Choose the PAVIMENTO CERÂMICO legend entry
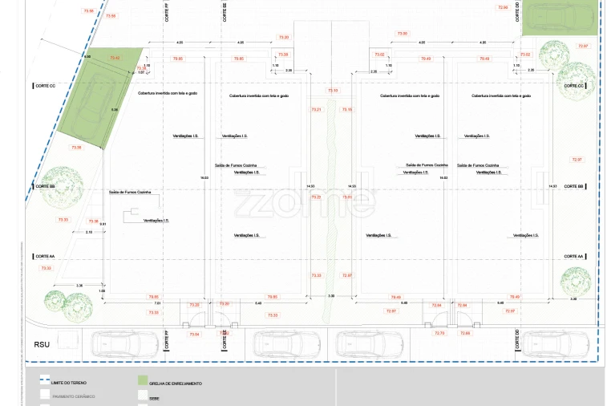coord(74,396)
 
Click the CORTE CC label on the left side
coord(45,85)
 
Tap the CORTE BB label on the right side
coord(573,186)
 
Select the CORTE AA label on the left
coord(45,256)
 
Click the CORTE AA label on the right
coord(573,256)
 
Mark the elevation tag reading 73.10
coord(333,91)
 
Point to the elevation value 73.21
coord(315,109)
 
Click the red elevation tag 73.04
coord(194,333)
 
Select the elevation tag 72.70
coord(439,333)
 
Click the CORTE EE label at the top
coord(225,12)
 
